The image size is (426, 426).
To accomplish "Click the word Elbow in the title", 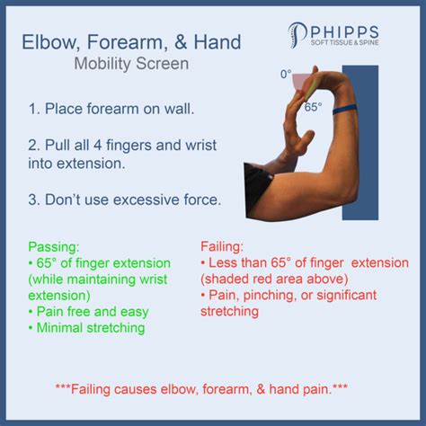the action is tap(50, 41).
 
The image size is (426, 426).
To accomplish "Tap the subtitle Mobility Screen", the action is tap(131, 64).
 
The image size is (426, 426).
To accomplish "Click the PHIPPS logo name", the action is tap(344, 32).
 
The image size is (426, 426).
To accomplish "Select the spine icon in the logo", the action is tap(297, 35).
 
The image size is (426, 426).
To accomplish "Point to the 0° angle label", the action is tap(286, 74).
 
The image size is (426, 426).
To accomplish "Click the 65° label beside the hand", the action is tap(314, 107).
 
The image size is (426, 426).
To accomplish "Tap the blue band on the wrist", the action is tap(345, 110).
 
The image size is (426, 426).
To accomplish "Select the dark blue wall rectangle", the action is tap(360, 143).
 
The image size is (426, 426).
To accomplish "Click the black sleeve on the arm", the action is tap(256, 189).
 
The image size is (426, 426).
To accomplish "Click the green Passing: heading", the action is tap(54, 247).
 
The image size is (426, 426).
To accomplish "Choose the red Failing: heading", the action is tap(222, 247).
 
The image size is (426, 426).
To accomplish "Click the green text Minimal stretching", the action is tap(91, 328).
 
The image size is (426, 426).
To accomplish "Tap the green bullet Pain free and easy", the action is tap(89, 312).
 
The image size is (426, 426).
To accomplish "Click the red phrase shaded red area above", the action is tap(274, 280).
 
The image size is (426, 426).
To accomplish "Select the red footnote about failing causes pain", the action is tap(201, 389).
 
